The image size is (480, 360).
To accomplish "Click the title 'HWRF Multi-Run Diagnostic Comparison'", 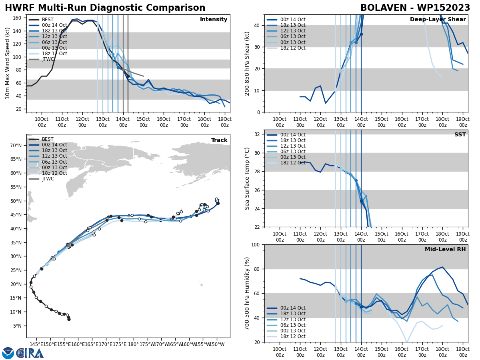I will (105, 8).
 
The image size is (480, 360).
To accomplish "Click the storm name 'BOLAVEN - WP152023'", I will (415, 8).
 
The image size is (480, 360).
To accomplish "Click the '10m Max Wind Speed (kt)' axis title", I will (8, 63).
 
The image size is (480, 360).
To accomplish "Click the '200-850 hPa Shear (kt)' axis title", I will (247, 63).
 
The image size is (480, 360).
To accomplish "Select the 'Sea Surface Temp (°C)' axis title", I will (247, 178).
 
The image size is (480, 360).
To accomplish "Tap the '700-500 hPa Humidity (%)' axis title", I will (247, 293).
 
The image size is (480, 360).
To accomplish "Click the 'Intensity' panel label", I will (214, 20).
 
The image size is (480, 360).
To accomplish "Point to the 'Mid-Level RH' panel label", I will (445, 250).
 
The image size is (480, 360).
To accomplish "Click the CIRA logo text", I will (30, 353).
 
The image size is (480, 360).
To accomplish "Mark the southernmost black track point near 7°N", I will (69, 319).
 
